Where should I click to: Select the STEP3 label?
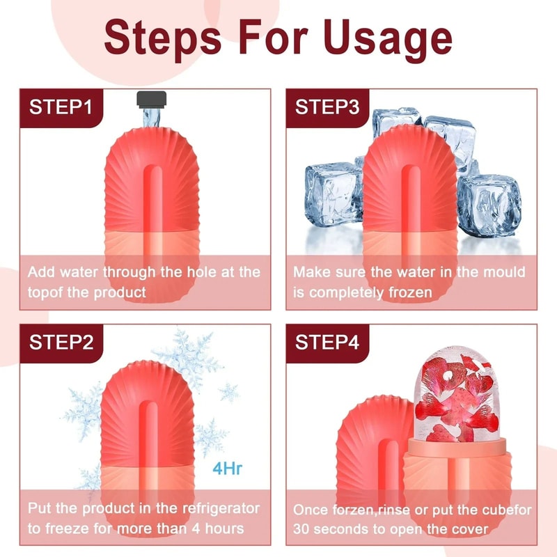pos(327,107)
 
